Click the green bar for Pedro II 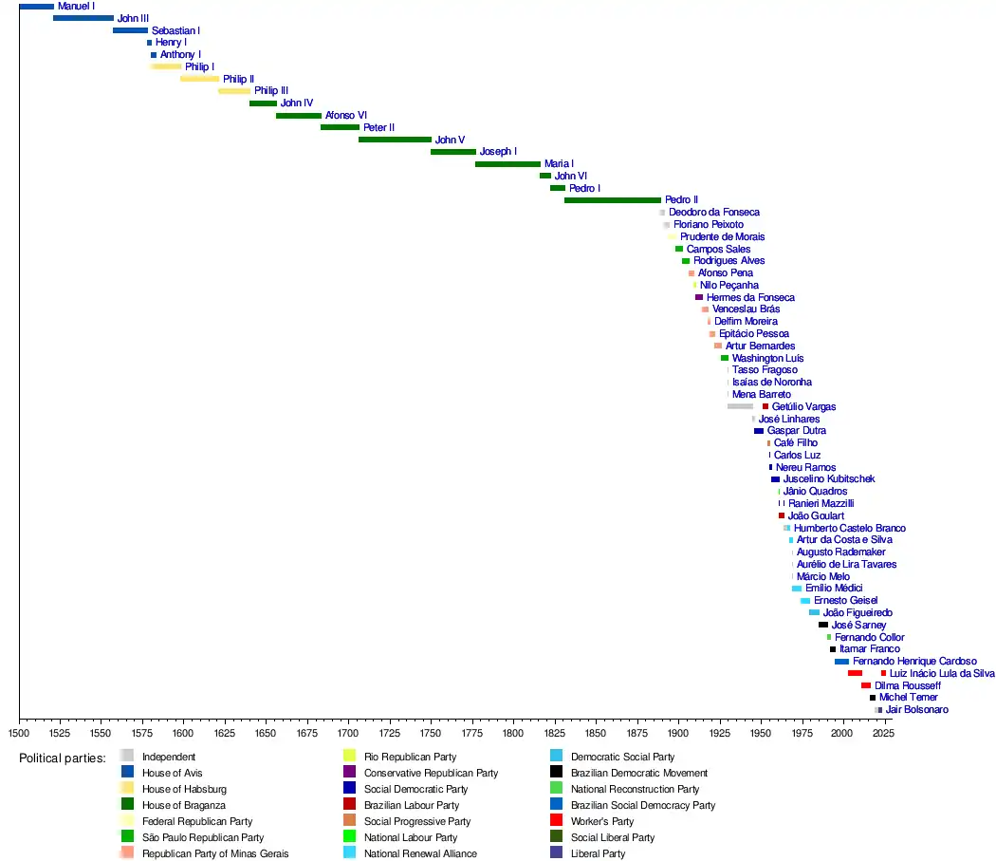coord(612,200)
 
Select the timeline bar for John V coord(395,140)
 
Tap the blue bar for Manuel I coord(36,7)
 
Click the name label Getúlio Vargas coord(803,406)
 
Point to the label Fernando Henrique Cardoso coord(914,661)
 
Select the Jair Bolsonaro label coord(916,709)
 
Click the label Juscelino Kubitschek coord(829,479)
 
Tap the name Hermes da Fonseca coord(750,297)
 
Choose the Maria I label coord(559,164)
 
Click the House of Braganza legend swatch coord(127,805)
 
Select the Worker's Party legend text coord(601,821)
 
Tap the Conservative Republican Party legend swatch coord(349,773)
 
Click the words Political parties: coord(63,758)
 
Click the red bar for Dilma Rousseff coord(865,685)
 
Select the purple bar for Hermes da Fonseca coord(699,297)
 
